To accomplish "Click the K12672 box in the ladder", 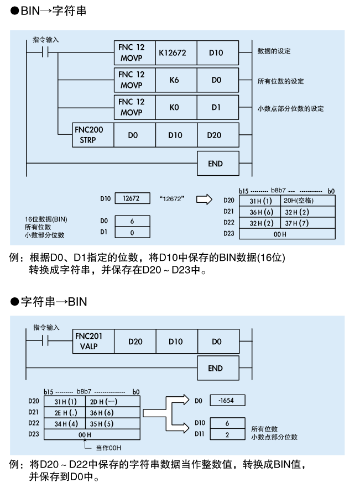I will coord(175,54).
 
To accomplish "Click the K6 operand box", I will coord(175,81).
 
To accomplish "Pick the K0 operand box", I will coord(175,107).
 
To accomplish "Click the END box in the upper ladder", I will coord(217,164).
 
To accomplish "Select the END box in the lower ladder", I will coord(217,369).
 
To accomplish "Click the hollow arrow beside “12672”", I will coord(205,199).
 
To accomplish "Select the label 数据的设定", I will coord(274,51).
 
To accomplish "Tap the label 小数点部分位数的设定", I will coord(291,108).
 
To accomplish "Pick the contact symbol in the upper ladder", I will coord(43,54).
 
